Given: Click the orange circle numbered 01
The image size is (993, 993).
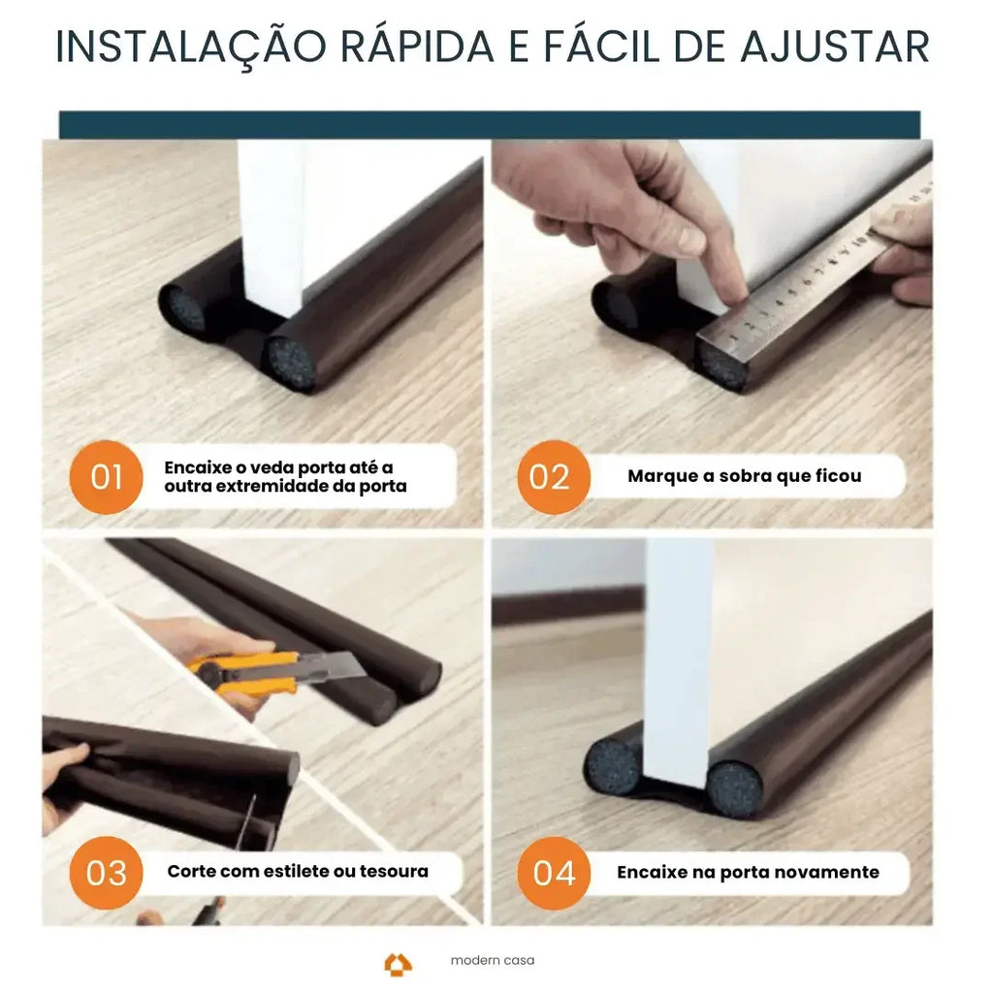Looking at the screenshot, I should coord(107,477).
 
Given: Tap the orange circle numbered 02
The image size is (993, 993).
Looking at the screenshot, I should coord(550,477).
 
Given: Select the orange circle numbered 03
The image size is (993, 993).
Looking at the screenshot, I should coord(107,872).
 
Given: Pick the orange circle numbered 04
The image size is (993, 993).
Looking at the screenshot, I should coord(554,872).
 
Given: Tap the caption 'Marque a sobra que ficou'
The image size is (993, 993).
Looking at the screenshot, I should coord(744,476).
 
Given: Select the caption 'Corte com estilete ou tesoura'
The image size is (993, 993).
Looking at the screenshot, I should coord(297,871).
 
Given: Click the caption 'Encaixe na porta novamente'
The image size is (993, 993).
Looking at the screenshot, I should coord(748,872).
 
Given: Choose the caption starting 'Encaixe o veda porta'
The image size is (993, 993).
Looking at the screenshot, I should coord(285,477).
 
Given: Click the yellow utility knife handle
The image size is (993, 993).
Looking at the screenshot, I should coord(242,671).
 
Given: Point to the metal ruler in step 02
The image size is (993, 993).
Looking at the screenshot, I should coord(805,281).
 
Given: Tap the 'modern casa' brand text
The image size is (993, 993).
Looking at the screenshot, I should coord(492,961).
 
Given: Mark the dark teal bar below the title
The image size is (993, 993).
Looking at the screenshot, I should coord(490,124).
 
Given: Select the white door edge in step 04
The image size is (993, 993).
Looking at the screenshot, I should coord(679,659).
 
